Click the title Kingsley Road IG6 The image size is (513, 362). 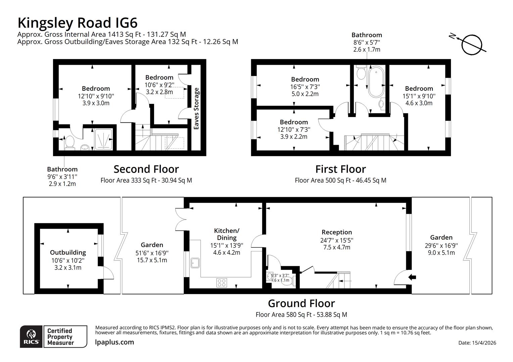(x=78, y=23)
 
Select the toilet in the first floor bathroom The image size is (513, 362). (x=361, y=72)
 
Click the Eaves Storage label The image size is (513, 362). (x=196, y=109)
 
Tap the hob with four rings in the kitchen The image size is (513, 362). (x=221, y=282)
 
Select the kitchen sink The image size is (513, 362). (x=195, y=263)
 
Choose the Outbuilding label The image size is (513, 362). (x=68, y=252)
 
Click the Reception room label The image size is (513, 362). (x=336, y=232)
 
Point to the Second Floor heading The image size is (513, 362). (x=146, y=169)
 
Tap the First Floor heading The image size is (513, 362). (x=340, y=169)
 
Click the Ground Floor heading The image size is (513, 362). (x=301, y=303)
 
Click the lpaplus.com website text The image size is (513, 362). (x=114, y=342)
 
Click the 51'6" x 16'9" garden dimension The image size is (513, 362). (x=152, y=253)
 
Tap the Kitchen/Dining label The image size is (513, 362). (x=227, y=234)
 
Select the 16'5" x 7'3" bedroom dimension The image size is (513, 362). (x=305, y=86)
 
